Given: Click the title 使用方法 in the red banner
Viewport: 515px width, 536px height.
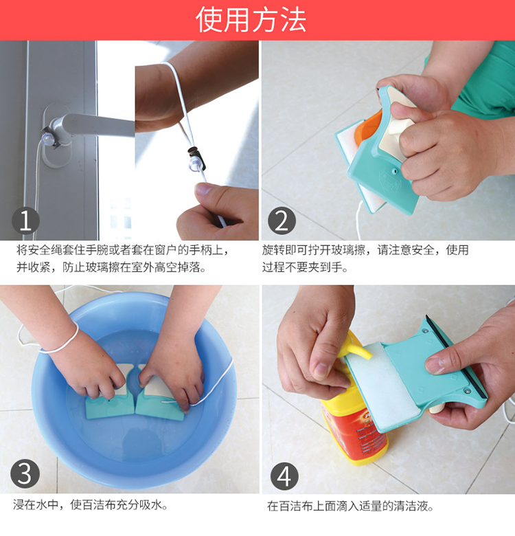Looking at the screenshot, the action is [x=251, y=20].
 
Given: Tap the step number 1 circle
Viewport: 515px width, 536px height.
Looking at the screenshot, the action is [x=25, y=221].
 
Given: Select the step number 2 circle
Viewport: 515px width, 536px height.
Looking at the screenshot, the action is [x=282, y=221].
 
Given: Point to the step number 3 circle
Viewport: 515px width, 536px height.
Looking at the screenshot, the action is [x=25, y=474].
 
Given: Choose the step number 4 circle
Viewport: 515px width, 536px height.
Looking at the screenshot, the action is [x=284, y=476].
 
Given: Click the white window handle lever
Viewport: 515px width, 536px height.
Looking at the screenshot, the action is [x=99, y=125].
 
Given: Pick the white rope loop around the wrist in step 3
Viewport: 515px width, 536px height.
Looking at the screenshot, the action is [x=62, y=342].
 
